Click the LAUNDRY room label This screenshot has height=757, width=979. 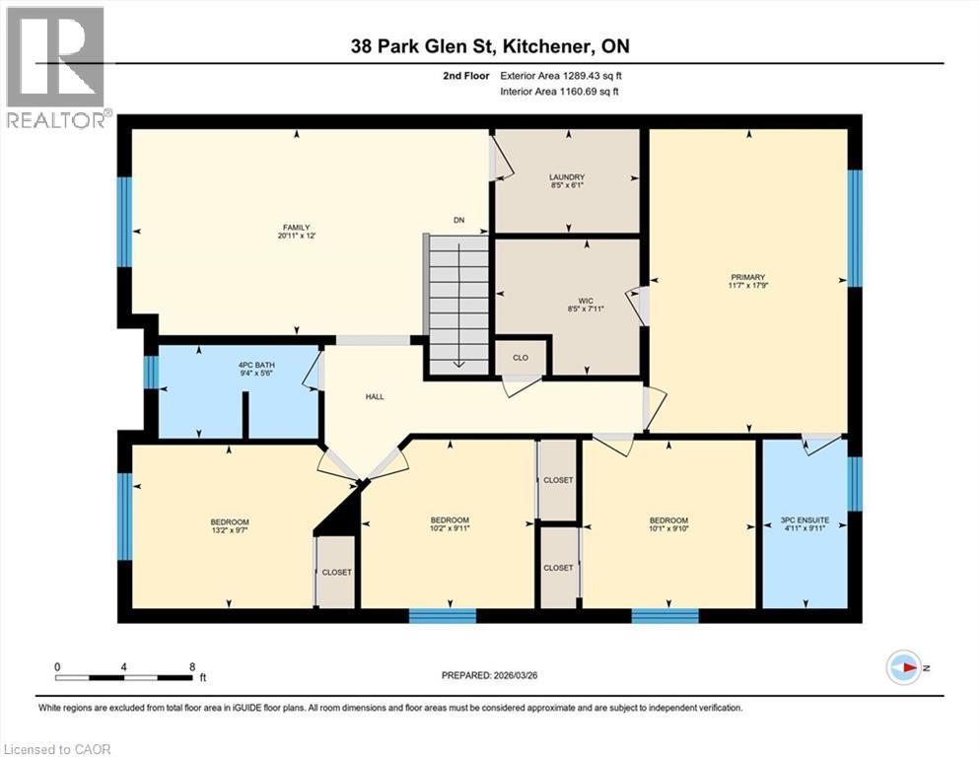tap(567, 177)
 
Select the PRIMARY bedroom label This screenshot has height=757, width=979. tap(747, 277)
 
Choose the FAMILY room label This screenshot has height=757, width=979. tap(297, 228)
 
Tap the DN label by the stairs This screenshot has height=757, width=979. tap(458, 220)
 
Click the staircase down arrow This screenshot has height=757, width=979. tap(458, 361)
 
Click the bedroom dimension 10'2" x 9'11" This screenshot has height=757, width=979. tap(449, 530)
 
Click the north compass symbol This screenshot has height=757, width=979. tap(903, 667)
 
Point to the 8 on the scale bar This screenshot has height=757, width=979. tap(190, 666)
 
